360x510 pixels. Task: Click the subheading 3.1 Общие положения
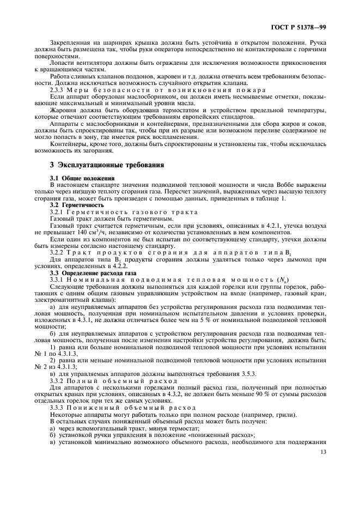pos(82,178)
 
